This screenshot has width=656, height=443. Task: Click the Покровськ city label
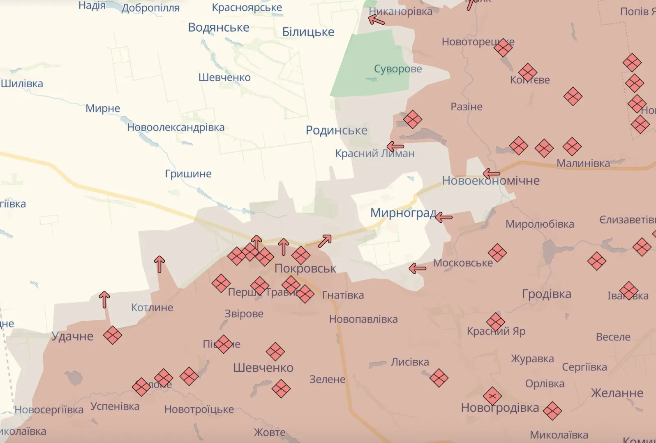[305, 268]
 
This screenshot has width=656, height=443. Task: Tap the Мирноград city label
[403, 213]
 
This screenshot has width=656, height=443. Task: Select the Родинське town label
[336, 130]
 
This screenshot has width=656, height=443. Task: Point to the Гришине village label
[188, 174]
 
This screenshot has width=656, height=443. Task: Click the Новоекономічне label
[491, 180]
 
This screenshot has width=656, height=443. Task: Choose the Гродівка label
[546, 294]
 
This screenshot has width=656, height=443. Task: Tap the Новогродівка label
[499, 408]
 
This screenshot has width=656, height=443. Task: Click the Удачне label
[72, 336]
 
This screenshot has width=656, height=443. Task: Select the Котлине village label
[152, 308]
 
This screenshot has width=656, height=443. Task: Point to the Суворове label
[397, 69]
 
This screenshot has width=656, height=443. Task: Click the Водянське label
[219, 27]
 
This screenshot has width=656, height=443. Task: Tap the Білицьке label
[308, 32]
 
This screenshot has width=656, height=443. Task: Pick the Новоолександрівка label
[176, 128]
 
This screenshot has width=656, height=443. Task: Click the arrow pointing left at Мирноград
[444, 217]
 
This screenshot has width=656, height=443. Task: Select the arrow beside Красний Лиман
[395, 146]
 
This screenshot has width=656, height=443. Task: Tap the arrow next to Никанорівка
[376, 19]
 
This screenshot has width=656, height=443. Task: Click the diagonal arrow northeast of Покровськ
[325, 241]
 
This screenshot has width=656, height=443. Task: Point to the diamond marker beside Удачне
[113, 335]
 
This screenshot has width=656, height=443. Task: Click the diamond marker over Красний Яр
[495, 322]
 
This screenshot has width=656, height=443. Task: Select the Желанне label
[617, 393]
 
